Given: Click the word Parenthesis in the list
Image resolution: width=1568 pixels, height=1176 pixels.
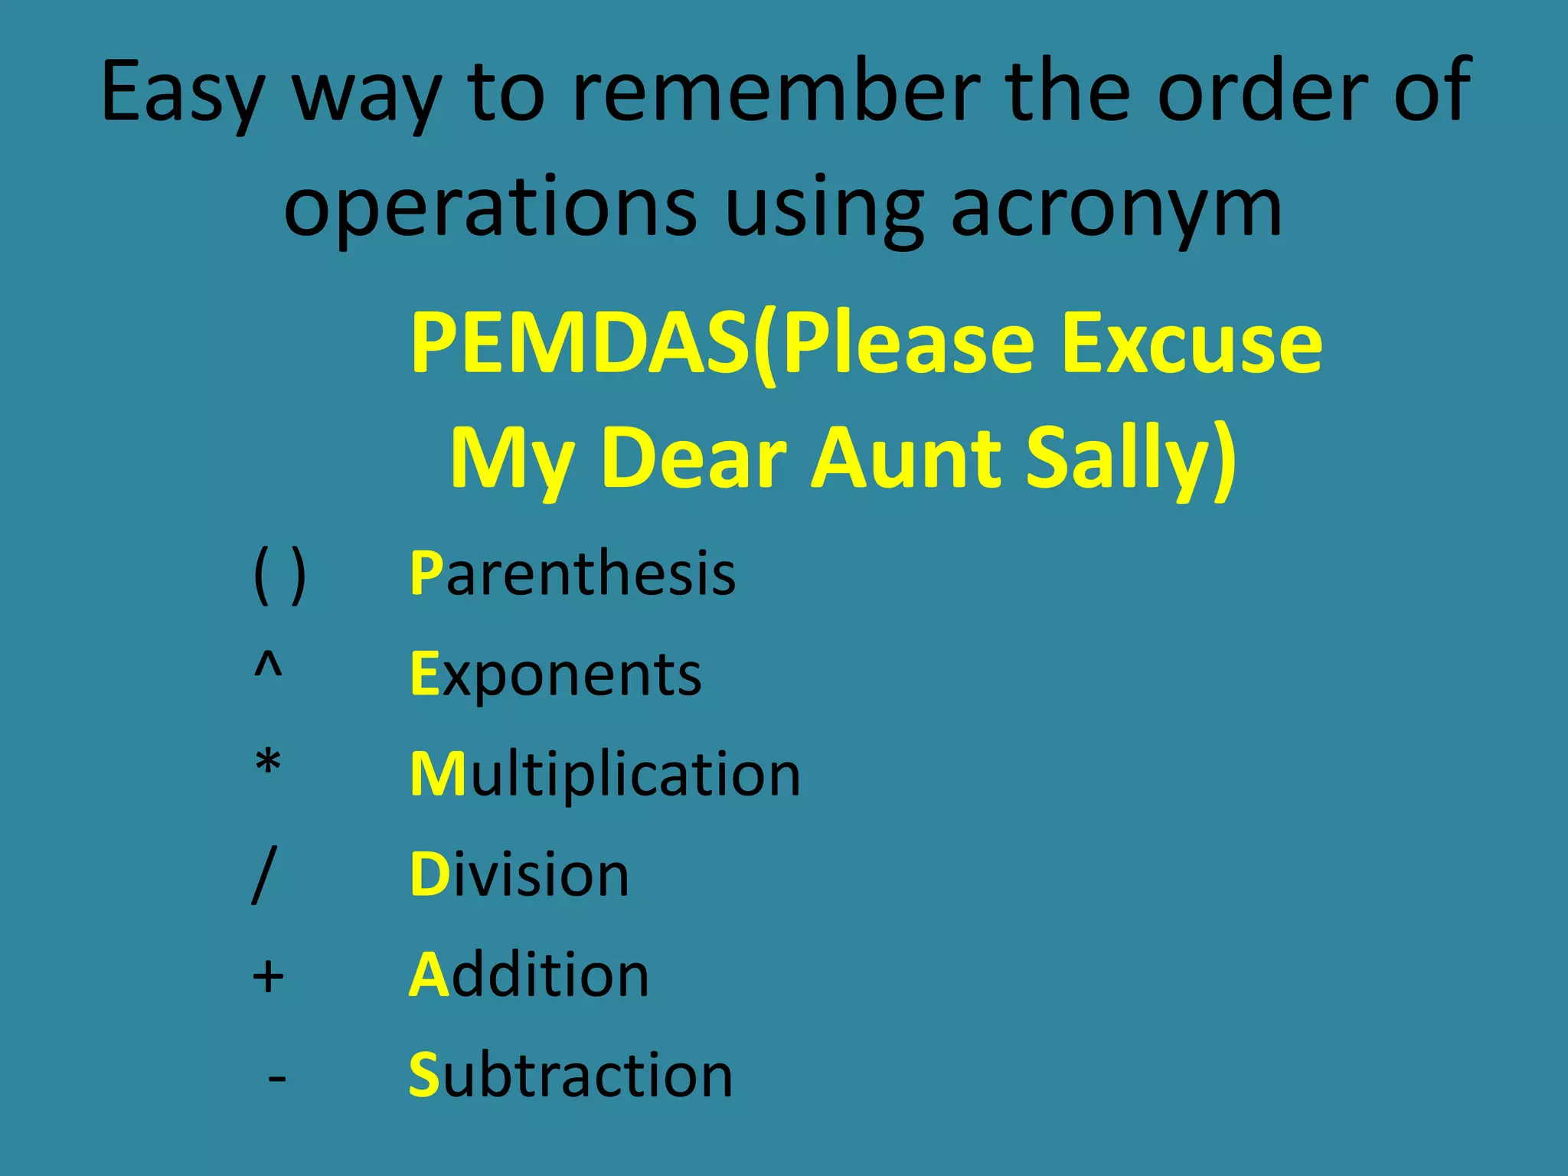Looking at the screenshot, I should click(x=573, y=573).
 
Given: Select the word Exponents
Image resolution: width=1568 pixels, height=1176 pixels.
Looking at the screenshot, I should click(x=556, y=675).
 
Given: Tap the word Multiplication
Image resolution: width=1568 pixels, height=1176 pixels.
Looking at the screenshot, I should click(x=605, y=774).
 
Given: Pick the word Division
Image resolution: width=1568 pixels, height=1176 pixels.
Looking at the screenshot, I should click(x=519, y=874).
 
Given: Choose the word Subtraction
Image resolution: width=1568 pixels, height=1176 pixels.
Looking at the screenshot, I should click(x=570, y=1075).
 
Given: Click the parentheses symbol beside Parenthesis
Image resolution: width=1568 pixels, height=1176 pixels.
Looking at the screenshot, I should click(x=279, y=576).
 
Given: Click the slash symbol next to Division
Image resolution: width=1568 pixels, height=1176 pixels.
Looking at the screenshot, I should click(x=263, y=875).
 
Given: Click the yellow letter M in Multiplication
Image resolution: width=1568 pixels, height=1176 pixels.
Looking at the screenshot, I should click(x=438, y=774).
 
